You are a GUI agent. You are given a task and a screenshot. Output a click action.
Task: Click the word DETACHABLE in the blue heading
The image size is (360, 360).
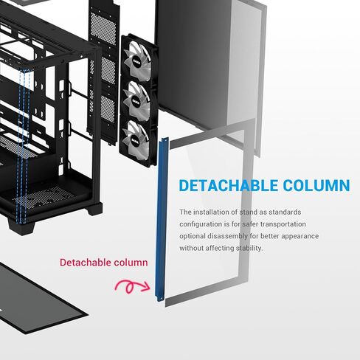click(229, 185)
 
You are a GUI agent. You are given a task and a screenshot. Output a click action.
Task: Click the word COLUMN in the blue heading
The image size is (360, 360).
click(316, 185)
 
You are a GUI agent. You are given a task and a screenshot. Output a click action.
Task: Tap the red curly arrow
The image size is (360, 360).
click(132, 286)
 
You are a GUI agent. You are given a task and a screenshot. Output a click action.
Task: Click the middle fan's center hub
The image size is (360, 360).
click(136, 101)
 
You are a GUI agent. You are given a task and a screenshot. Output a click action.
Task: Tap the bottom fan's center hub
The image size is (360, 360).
click(135, 140)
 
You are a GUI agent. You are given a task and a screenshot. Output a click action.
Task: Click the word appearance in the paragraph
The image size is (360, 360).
click(300, 237)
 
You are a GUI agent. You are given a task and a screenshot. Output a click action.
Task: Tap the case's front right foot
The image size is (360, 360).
click(94, 209)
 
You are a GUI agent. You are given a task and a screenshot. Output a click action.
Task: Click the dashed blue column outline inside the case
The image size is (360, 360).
click(24, 146)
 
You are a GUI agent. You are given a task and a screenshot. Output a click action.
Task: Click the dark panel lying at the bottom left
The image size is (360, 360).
click(37, 300)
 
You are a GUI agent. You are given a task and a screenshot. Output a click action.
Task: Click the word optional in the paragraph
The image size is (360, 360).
click(192, 236)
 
